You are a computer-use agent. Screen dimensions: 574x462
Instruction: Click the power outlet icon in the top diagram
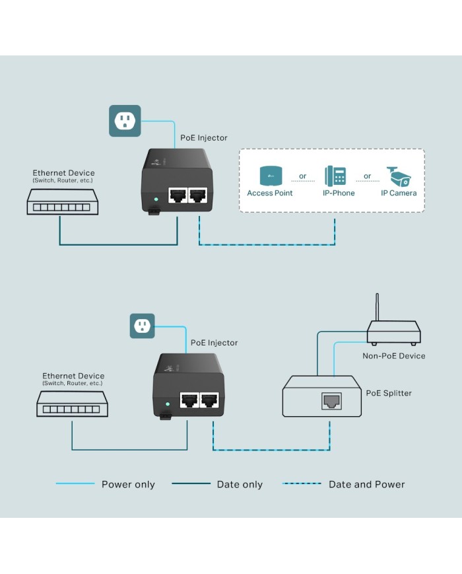click(x=125, y=121)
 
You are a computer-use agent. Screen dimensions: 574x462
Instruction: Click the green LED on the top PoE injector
click(x=156, y=197)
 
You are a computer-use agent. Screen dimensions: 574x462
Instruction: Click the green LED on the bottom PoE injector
click(x=168, y=403)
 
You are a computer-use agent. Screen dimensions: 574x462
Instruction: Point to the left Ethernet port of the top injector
click(x=177, y=196)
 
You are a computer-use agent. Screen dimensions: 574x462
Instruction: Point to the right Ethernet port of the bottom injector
click(x=209, y=401)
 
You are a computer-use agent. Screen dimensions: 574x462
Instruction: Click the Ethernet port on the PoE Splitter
click(x=331, y=400)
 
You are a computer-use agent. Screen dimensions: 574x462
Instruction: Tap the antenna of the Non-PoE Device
click(x=378, y=308)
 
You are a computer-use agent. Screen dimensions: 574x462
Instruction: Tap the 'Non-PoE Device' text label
click(x=393, y=356)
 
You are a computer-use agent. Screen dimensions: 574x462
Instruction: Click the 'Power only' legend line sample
click(x=75, y=484)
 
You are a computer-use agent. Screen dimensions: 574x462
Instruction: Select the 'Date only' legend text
click(x=240, y=485)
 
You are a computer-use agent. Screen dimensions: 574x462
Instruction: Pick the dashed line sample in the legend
click(x=302, y=484)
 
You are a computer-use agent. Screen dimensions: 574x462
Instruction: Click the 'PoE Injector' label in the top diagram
click(x=204, y=138)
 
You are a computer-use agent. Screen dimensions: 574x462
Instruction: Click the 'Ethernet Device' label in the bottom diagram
click(x=73, y=376)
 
